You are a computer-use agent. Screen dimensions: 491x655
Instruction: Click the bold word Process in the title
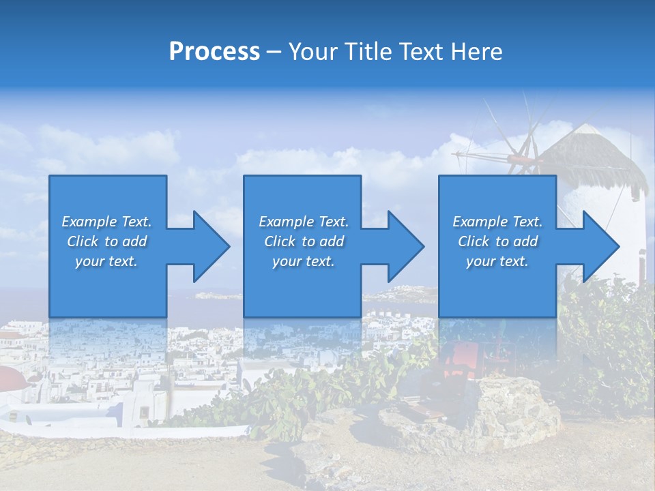point(214,52)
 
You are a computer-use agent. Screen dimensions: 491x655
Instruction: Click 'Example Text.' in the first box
point(106,222)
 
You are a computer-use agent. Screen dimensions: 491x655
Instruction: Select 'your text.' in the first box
point(106,261)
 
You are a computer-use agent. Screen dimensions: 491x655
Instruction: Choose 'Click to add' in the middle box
point(304,241)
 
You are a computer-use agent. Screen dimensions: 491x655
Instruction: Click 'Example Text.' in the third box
point(497,222)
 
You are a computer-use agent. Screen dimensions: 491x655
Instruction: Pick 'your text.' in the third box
point(497,261)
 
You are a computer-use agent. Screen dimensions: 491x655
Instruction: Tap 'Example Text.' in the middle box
point(304,222)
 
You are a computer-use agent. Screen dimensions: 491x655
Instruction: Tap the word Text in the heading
point(422,52)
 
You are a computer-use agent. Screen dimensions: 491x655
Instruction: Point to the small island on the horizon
point(218,295)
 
